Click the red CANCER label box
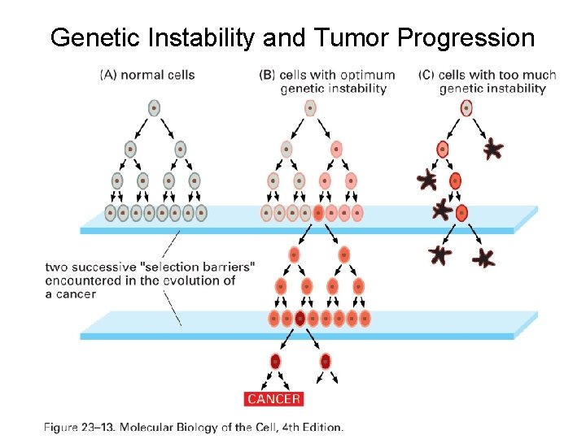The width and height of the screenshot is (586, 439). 273,398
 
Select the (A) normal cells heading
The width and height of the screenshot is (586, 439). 147,75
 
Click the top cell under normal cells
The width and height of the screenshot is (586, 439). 154,108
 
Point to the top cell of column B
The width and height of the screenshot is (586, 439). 309,108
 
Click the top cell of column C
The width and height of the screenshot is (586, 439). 466,108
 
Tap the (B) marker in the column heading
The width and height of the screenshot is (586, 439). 267,75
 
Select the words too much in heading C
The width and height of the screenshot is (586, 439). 530,75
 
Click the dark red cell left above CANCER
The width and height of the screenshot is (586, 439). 276,361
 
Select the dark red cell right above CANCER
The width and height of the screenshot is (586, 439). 326,361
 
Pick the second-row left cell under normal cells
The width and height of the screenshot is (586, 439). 130,150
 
